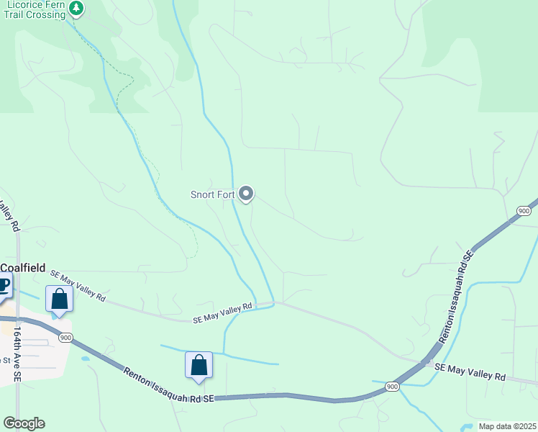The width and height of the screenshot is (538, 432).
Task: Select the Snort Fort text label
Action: pyautogui.click(x=213, y=194)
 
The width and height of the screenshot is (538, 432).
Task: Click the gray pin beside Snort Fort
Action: pyautogui.click(x=246, y=194)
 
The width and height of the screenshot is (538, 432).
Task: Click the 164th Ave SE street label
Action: pyautogui.click(x=18, y=356)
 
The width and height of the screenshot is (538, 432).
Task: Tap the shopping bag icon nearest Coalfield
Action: pyautogui.click(x=59, y=299)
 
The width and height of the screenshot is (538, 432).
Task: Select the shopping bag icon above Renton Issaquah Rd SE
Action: pyautogui.click(x=199, y=365)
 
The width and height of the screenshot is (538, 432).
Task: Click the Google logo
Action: pyautogui.click(x=24, y=423)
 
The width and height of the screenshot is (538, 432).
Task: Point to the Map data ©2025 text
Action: pyautogui.click(x=506, y=426)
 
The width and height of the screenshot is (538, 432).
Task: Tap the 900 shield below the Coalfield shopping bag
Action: pyautogui.click(x=65, y=337)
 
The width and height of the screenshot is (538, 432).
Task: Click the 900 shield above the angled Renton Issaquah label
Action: pyautogui.click(x=523, y=210)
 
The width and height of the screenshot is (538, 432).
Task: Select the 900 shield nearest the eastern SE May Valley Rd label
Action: pyautogui.click(x=392, y=386)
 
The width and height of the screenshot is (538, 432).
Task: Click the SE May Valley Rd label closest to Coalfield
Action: pyautogui.click(x=77, y=286)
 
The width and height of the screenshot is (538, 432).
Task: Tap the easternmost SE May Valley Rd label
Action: pyautogui.click(x=470, y=372)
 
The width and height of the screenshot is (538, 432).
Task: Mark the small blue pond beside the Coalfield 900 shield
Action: pyautogui.click(x=85, y=358)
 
